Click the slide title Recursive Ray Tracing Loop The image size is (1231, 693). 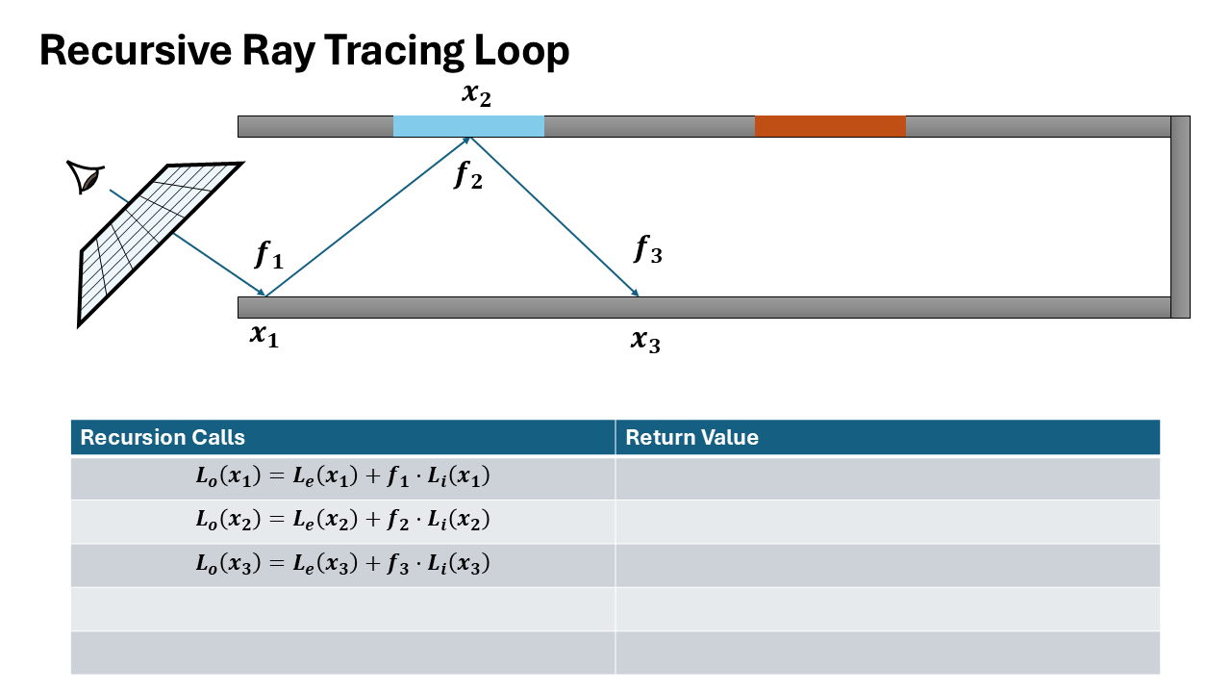point(304,51)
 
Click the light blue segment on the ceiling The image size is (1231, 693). point(468,126)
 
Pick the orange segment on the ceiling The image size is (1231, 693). point(830,126)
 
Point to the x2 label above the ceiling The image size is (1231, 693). point(476,96)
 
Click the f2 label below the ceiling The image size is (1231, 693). point(468,174)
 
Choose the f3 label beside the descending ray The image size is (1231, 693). point(648,249)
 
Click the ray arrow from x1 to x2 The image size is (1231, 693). point(365,218)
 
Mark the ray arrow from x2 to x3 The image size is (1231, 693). point(553,218)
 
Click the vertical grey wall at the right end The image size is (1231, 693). point(1180,217)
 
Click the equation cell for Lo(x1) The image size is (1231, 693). point(342,477)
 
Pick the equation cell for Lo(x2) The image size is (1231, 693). point(342,521)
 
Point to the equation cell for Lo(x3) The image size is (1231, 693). point(342,565)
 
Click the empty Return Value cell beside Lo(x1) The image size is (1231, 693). point(887,477)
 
